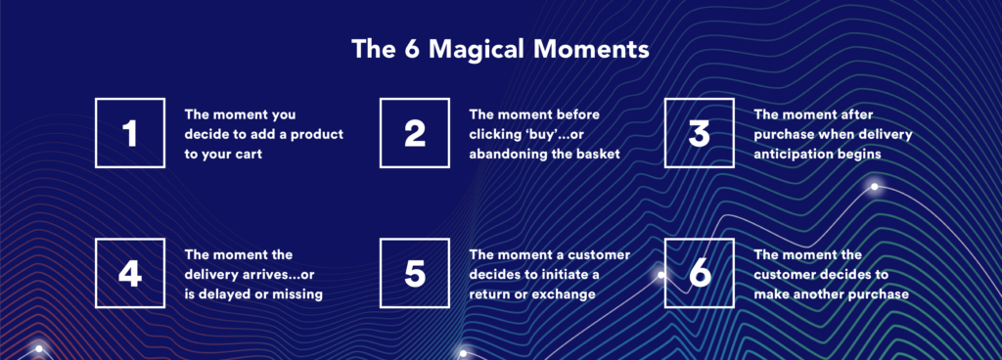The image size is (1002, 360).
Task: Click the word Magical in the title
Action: pos(482,50)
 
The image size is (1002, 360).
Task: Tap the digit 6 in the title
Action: pos(410,50)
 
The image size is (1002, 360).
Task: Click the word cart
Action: pos(248,155)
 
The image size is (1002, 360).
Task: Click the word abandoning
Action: pos(514,155)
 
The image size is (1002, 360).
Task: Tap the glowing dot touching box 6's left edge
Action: pos(660,275)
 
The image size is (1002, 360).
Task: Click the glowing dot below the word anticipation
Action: pos(874,187)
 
